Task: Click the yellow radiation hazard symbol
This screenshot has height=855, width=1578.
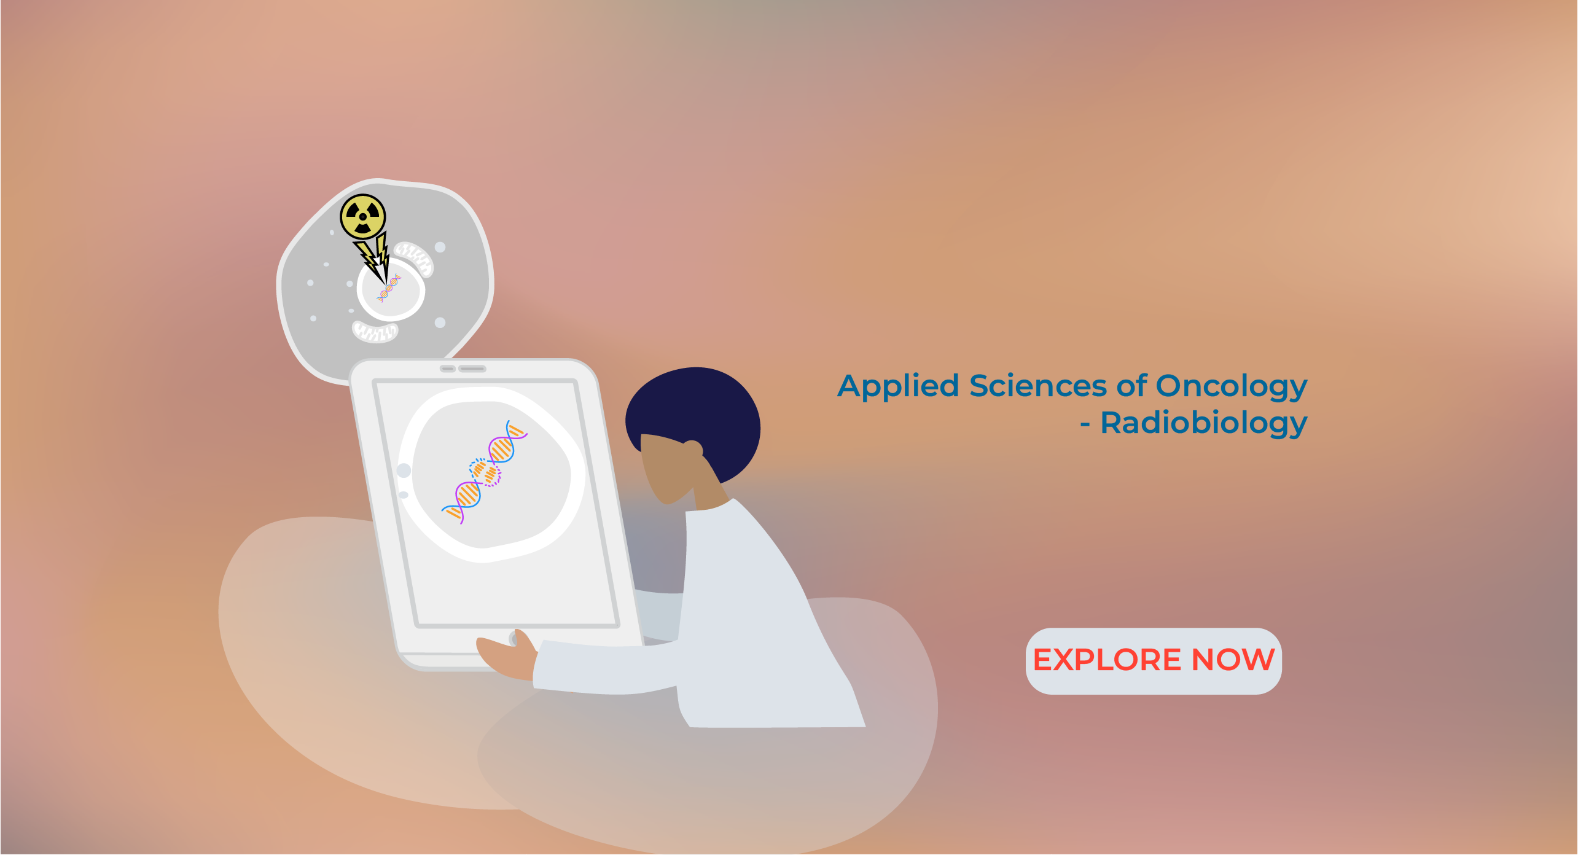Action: tap(363, 217)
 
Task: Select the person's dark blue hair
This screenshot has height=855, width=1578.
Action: tap(695, 418)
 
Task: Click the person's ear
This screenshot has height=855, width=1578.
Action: tap(692, 450)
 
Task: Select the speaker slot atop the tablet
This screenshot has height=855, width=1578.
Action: tap(472, 369)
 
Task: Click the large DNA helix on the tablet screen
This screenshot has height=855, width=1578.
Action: tap(485, 472)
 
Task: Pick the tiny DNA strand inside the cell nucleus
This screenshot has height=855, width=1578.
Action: tap(389, 288)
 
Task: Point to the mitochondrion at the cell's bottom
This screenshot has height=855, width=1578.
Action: tap(375, 332)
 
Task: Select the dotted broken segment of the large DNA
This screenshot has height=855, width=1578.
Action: tap(485, 472)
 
